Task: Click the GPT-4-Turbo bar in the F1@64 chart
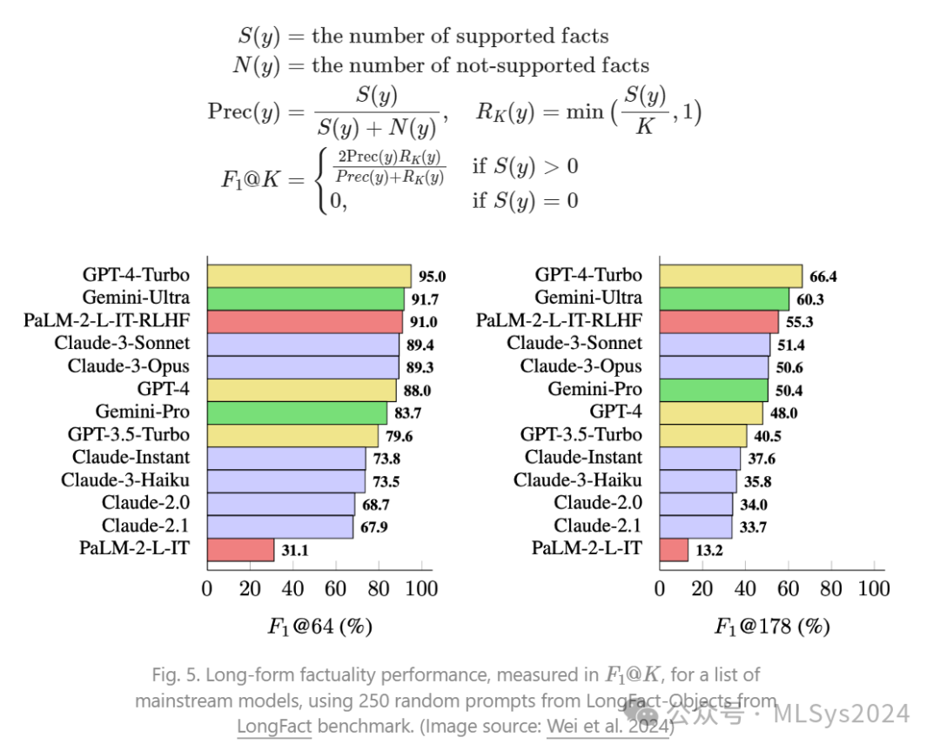click(x=309, y=276)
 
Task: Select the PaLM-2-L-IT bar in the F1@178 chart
click(x=674, y=549)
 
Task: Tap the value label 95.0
click(x=432, y=277)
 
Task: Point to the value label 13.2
click(x=708, y=549)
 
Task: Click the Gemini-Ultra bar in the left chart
click(x=305, y=298)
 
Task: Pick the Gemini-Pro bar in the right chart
click(x=714, y=389)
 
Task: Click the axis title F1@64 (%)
click(x=320, y=627)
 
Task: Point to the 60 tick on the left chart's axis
click(x=335, y=589)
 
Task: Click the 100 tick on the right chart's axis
click(x=873, y=589)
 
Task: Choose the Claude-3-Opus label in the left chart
click(x=129, y=366)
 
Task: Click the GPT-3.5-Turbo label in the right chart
click(x=581, y=434)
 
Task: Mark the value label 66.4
click(x=823, y=277)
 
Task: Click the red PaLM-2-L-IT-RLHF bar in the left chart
click(x=305, y=321)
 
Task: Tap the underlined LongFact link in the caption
click(x=273, y=726)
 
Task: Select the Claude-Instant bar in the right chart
click(x=700, y=458)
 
